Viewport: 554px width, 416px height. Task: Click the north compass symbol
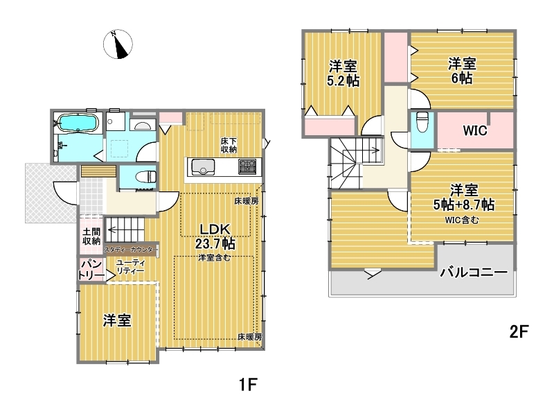click(118, 44)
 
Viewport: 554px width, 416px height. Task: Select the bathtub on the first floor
click(78, 123)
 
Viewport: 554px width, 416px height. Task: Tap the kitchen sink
click(203, 167)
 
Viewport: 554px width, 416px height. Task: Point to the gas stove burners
click(247, 166)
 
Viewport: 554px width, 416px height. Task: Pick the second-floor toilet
click(422, 121)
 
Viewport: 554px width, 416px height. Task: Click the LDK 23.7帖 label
click(215, 236)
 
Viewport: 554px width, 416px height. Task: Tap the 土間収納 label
click(91, 236)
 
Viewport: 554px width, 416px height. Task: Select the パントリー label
click(91, 270)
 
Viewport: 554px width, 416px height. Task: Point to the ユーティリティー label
click(130, 267)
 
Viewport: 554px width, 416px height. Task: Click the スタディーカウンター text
click(129, 250)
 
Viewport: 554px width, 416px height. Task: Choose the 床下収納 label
click(229, 145)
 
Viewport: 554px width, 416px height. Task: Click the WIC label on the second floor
click(475, 130)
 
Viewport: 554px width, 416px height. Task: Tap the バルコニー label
click(474, 272)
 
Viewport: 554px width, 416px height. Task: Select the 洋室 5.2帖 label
click(343, 73)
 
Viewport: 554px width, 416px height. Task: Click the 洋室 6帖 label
click(462, 71)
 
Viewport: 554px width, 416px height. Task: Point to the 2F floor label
click(519, 332)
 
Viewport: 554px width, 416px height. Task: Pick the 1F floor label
click(248, 385)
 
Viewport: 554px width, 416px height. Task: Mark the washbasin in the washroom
click(143, 125)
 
